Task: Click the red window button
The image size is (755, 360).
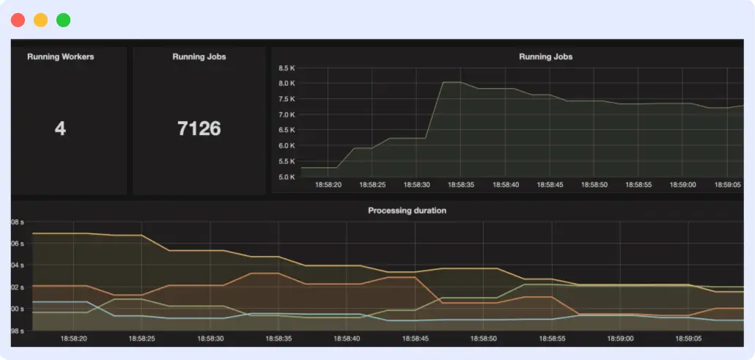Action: (x=18, y=20)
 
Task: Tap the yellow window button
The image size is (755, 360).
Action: (x=40, y=20)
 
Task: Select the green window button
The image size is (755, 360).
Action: (x=64, y=20)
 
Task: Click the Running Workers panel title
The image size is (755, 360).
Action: (x=60, y=56)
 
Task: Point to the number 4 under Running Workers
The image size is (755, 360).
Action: (x=60, y=129)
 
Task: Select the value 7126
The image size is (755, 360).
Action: (x=199, y=129)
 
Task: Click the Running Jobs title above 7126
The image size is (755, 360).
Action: (x=199, y=56)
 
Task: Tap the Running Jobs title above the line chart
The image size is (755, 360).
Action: (x=545, y=56)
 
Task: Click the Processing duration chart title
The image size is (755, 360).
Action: (x=407, y=210)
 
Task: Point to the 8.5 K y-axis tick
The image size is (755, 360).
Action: (x=286, y=68)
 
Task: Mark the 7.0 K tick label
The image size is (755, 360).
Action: (x=286, y=114)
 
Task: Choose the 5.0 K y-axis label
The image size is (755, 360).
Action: (x=286, y=177)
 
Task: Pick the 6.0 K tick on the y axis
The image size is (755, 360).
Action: (x=286, y=145)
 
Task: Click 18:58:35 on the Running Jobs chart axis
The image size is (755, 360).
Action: (x=461, y=185)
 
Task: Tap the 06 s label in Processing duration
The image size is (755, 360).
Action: (x=18, y=243)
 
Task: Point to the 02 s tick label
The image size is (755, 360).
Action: (x=18, y=287)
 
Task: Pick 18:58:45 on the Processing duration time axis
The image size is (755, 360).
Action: (x=416, y=339)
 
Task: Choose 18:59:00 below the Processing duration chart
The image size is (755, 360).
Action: (x=619, y=339)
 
